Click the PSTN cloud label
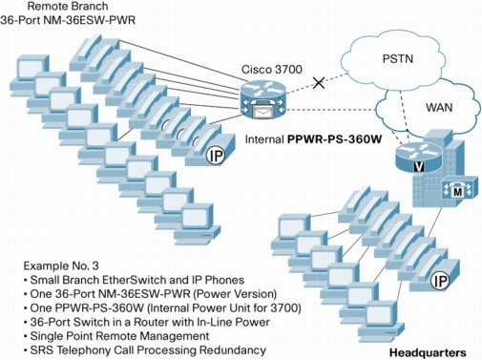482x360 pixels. pos(398,59)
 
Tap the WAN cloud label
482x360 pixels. pos(439,107)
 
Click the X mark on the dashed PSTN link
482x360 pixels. pos(319,83)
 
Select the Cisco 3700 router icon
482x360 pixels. pos(262,99)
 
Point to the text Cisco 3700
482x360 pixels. pos(272,70)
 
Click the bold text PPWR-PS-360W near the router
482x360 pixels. pos(334,139)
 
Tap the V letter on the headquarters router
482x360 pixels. pos(419,167)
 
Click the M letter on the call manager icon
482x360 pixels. pos(457,192)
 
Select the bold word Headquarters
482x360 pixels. pos(428,352)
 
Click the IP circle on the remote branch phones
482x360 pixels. pos(216,156)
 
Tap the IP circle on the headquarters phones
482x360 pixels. pos(439,281)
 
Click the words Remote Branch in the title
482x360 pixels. pos(68,6)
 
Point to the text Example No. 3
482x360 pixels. pos(61,265)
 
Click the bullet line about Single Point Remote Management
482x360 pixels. pos(116,336)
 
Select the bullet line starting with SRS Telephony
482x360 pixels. pos(145,349)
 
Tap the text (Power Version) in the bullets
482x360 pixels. pos(235,294)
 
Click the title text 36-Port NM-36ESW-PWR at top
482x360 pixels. pos(68,20)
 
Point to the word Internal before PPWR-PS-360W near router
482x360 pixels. pos(264,139)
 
